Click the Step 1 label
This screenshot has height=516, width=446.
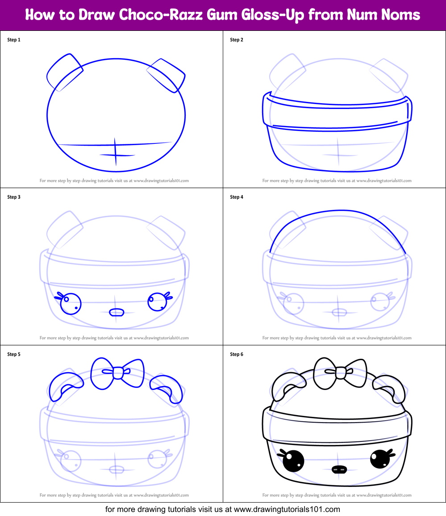14,40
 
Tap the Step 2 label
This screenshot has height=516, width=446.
237,40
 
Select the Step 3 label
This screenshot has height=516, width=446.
14,197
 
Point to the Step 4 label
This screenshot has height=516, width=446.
237,197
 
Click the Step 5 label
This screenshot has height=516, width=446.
14,354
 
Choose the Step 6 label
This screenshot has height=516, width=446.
237,354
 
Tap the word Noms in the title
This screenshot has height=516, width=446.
400,15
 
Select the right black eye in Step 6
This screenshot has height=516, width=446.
380,460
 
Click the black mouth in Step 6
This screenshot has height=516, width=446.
340,470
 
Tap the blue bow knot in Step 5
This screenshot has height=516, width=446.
117,372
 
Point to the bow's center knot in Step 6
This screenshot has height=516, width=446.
340,372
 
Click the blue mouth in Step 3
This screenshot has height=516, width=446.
117,312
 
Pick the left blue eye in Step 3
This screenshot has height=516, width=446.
70,304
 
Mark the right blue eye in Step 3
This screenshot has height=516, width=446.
157,302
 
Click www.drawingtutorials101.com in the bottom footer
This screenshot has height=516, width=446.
287,509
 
